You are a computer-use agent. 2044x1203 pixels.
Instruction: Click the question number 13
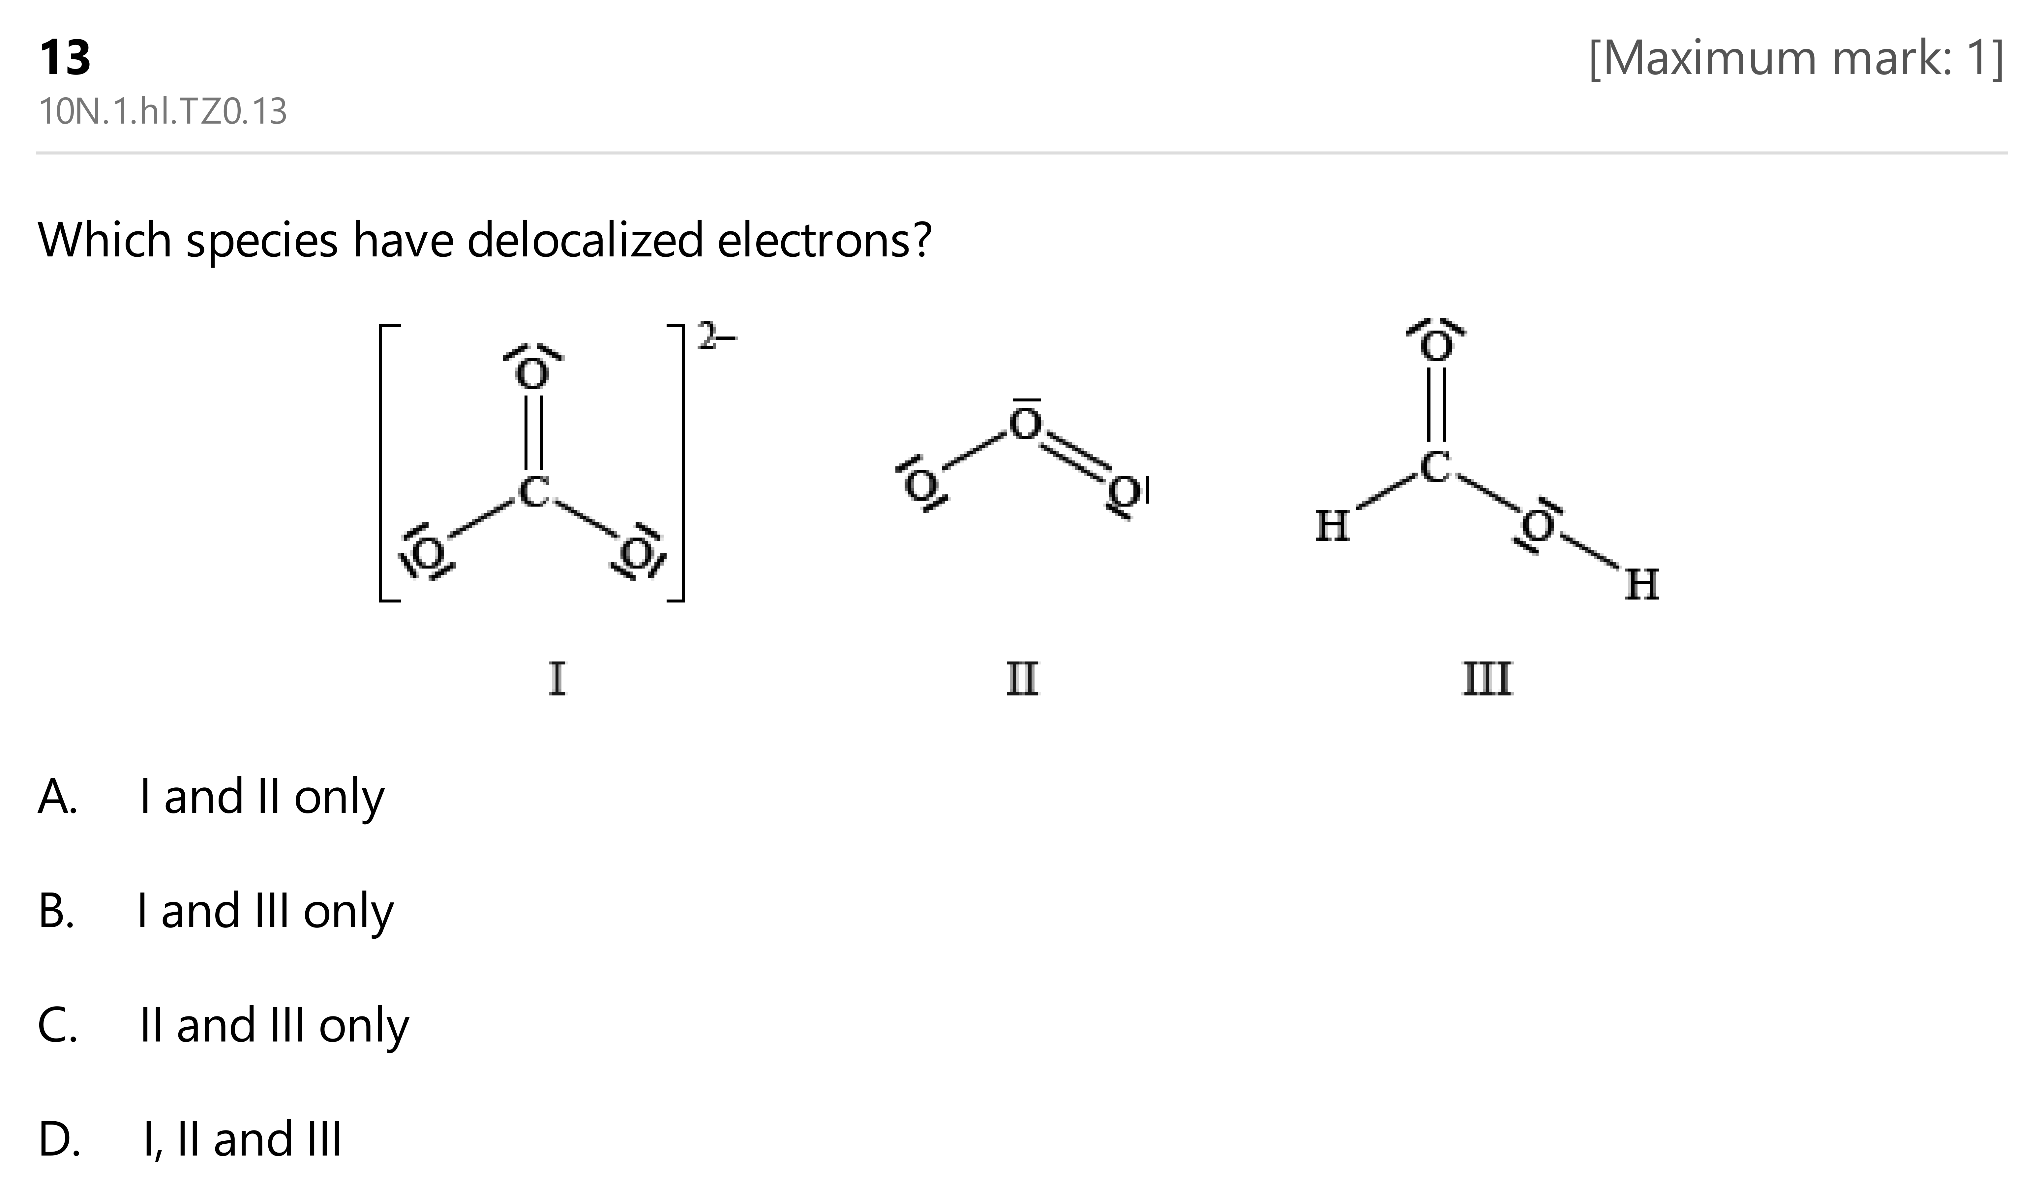pos(65,58)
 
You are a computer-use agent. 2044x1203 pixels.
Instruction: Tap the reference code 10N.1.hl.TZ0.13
pos(163,112)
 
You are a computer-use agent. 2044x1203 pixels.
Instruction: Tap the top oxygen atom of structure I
pos(533,374)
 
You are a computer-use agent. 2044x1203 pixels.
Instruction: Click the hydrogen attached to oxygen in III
pos(1642,584)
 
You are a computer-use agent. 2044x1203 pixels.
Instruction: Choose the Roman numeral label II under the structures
pos(1022,679)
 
